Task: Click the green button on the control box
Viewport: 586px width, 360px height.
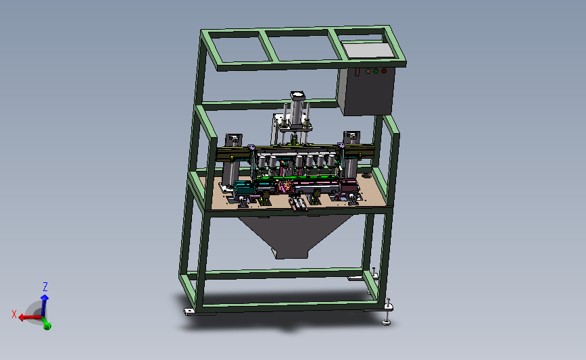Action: pyautogui.click(x=376, y=71)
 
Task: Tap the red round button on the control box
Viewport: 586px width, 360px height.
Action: pyautogui.click(x=384, y=70)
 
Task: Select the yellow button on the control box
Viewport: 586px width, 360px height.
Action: pyautogui.click(x=368, y=71)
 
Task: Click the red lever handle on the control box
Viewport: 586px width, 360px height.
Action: pyautogui.click(x=358, y=72)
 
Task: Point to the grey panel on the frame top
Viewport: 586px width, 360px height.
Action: pyautogui.click(x=368, y=50)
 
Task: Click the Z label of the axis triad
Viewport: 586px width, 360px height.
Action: pyautogui.click(x=45, y=287)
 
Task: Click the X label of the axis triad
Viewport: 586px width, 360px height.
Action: pyautogui.click(x=14, y=315)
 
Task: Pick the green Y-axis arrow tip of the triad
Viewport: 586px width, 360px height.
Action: pyautogui.click(x=47, y=326)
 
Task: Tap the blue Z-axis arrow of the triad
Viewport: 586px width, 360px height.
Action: pyautogui.click(x=44, y=306)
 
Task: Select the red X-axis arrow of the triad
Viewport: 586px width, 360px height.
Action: pyautogui.click(x=30, y=317)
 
